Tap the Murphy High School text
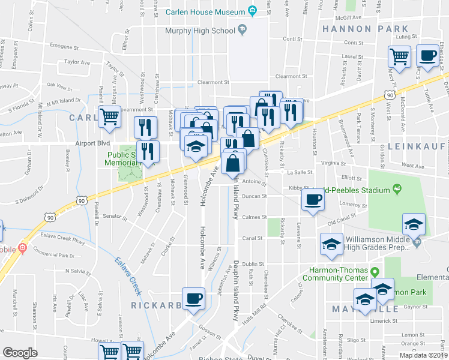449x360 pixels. click(x=199, y=30)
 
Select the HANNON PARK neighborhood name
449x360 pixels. click(x=373, y=29)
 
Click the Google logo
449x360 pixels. click(x=20, y=353)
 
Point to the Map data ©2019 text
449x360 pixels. click(x=423, y=355)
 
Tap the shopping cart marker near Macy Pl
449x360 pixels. click(x=399, y=58)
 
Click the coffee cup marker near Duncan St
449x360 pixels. click(x=312, y=200)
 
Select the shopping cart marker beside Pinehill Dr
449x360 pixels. click(x=109, y=117)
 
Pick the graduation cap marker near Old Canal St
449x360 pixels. click(x=414, y=225)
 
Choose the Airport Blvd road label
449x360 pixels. click(x=93, y=144)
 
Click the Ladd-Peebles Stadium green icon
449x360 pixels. click(x=397, y=190)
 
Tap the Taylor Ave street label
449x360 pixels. click(x=76, y=62)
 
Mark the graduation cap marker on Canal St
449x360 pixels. click(x=331, y=245)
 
